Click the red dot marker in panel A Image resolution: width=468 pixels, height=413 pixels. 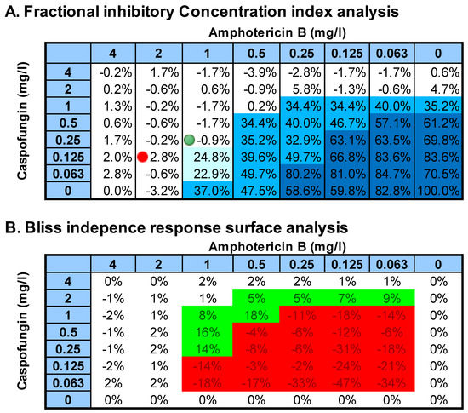pyautogui.click(x=143, y=156)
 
